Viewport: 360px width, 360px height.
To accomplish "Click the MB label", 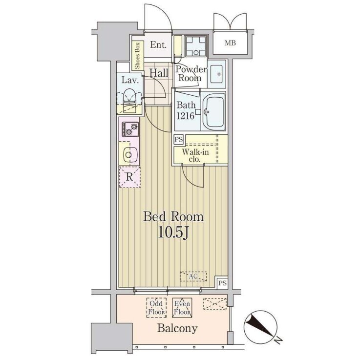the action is pyautogui.click(x=230, y=43).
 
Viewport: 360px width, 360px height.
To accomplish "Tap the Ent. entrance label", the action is pyautogui.click(x=158, y=44).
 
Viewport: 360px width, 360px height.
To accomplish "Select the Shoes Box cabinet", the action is pyautogui.click(x=138, y=56).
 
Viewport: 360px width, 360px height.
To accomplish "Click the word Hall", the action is pyautogui.click(x=159, y=73).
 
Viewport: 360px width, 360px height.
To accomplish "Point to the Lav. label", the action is pyautogui.click(x=130, y=80).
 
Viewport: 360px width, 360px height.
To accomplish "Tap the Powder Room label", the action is pyautogui.click(x=191, y=74).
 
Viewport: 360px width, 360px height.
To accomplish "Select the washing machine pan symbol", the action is pyautogui.click(x=196, y=46).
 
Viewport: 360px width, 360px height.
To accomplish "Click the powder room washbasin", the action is pyautogui.click(x=216, y=74).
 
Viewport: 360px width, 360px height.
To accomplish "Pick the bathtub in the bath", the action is pyautogui.click(x=213, y=112).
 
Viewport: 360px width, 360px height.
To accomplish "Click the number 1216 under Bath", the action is pyautogui.click(x=185, y=116).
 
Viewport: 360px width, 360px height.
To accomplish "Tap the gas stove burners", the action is pyautogui.click(x=130, y=129).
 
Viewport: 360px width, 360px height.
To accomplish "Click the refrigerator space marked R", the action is pyautogui.click(x=129, y=177).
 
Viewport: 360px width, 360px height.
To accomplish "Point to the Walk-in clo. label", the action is pyautogui.click(x=195, y=155).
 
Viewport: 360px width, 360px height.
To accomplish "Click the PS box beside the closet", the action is pyautogui.click(x=179, y=139).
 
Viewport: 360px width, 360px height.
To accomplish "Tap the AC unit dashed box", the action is pyautogui.click(x=193, y=276).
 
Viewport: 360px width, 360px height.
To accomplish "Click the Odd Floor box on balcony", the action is pyautogui.click(x=157, y=308).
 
